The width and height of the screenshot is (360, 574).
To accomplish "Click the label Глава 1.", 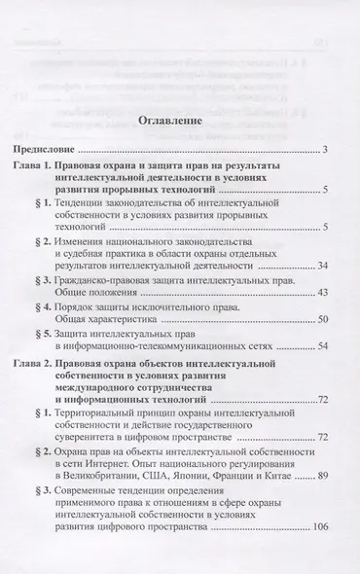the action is pyautogui.click(x=37, y=168).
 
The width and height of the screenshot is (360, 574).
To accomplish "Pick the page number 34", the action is pyautogui.click(x=323, y=265).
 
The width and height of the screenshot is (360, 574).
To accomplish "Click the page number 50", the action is pyautogui.click(x=323, y=319).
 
